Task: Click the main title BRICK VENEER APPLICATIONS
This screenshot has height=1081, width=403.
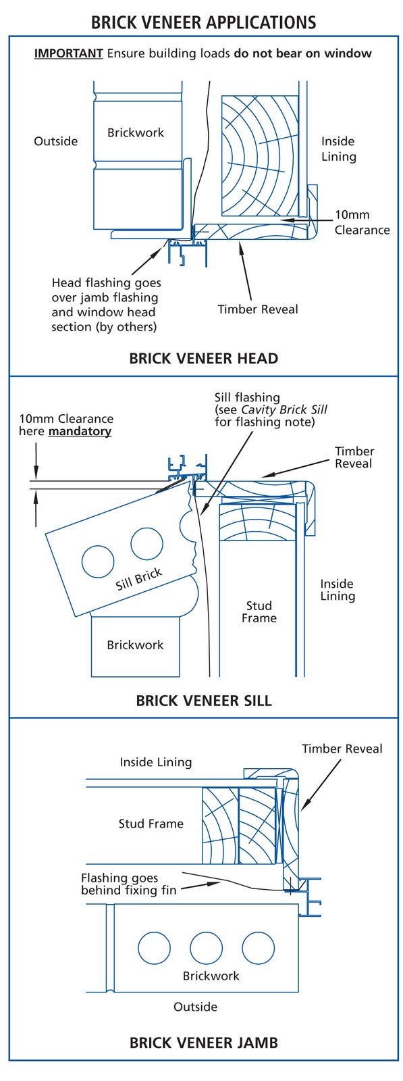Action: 203,22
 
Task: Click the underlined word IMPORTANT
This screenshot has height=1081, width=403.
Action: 68,53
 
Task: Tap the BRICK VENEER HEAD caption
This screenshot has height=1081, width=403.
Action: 203,358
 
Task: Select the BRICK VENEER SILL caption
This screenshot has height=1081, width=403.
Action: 203,700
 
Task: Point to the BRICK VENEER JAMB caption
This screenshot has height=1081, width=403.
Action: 203,1042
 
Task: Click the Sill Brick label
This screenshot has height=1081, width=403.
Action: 139,579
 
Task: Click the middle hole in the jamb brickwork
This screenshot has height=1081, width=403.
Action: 205,949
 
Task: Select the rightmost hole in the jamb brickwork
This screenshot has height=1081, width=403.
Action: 258,949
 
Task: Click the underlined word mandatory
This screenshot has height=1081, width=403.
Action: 80,431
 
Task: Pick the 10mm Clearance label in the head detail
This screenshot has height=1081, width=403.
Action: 362,222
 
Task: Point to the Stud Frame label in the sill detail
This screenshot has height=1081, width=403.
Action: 259,611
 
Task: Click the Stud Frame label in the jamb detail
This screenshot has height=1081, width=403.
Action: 151,824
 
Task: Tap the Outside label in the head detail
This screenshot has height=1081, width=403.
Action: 56,141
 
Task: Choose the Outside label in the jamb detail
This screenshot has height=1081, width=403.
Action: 195,1007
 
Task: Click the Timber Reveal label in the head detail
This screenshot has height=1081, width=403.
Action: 257,309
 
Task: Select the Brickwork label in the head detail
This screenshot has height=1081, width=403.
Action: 136,132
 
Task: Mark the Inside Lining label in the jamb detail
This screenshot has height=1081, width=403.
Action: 156,762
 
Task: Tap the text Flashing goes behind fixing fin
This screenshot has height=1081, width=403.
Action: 128,884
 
